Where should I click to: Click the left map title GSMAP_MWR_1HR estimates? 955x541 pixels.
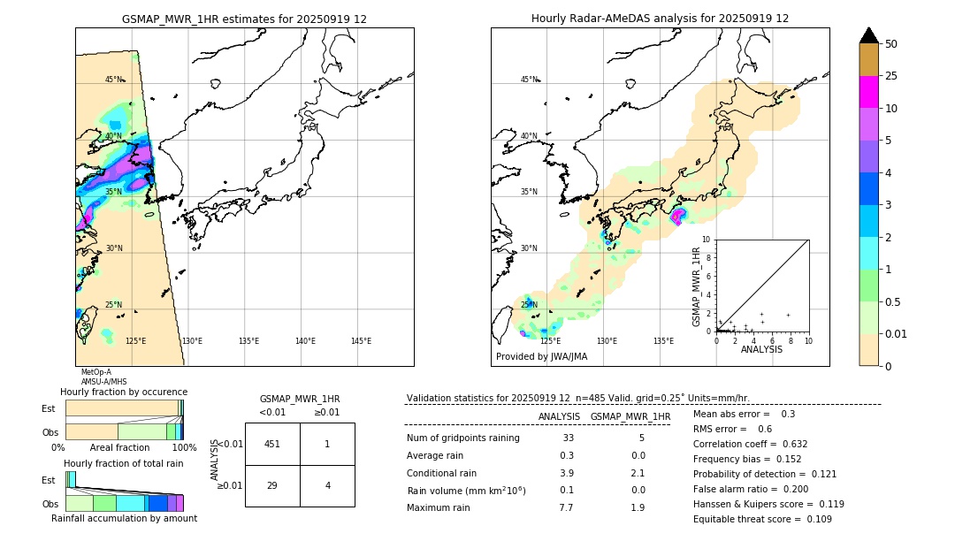point(244,19)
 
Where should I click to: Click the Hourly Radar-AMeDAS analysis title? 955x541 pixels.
point(660,19)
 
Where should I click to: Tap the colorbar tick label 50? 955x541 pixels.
point(891,44)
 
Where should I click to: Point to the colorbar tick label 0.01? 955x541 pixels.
point(897,333)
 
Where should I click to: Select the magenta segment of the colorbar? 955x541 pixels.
point(869,92)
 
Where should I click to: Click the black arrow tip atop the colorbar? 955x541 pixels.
point(869,34)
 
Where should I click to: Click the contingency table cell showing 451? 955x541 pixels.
point(272,444)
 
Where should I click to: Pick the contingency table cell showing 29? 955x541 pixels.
point(272,485)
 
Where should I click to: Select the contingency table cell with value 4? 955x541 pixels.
point(327,485)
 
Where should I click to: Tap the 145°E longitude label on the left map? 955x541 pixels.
point(361,341)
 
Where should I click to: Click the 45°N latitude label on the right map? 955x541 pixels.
point(529,80)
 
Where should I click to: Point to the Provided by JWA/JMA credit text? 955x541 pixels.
point(541,356)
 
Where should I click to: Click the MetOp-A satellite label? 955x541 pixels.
point(96,372)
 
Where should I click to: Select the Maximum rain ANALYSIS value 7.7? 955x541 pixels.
point(566,507)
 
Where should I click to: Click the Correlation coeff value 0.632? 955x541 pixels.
point(789,444)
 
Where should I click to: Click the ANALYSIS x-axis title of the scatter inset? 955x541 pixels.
point(761,349)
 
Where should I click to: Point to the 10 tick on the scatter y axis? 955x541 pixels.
point(706,240)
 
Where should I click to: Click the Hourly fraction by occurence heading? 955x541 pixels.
point(124,392)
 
